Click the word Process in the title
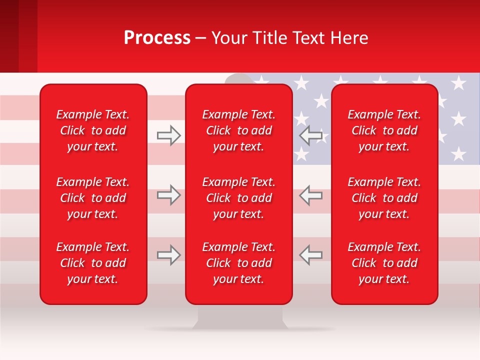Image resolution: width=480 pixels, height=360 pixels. [x=157, y=38]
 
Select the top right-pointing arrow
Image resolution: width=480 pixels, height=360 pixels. [x=168, y=135]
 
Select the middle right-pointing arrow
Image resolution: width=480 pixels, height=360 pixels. [x=168, y=195]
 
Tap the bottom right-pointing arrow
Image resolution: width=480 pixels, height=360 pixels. [x=168, y=255]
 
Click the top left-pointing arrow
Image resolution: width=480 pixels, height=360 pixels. [x=310, y=135]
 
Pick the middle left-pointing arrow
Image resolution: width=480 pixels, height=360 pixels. [x=310, y=195]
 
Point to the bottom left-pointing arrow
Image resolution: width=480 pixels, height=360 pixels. [x=310, y=255]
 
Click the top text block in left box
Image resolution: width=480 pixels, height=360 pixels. [x=93, y=130]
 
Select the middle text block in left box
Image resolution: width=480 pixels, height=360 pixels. [x=93, y=198]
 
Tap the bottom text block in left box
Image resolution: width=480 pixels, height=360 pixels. [x=93, y=263]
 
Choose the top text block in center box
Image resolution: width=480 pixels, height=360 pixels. [x=239, y=130]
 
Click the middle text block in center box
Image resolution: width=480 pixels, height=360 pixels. [x=239, y=198]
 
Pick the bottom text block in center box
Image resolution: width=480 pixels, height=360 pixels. [x=239, y=263]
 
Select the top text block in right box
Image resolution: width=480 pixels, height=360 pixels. [x=384, y=130]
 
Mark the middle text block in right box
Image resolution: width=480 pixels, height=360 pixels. [x=384, y=198]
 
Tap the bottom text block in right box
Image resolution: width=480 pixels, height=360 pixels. [x=384, y=263]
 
